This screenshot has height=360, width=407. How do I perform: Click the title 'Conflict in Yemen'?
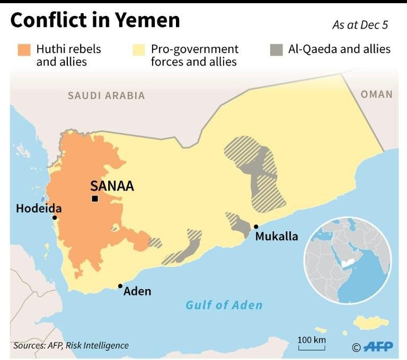click(95, 20)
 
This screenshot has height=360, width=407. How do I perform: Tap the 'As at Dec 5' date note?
click(360, 25)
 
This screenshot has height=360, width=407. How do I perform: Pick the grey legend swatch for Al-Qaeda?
click(276, 50)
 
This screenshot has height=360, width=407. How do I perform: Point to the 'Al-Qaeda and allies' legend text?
click(339, 50)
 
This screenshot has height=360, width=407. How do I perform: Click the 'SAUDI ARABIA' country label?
click(106, 96)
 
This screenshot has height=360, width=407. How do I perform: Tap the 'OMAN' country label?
click(377, 94)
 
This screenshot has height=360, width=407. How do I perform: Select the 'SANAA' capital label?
click(112, 186)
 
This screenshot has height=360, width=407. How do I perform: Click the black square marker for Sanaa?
click(94, 199)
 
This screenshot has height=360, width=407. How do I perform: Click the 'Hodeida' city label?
click(38, 209)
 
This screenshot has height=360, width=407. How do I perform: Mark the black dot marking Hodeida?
click(54, 218)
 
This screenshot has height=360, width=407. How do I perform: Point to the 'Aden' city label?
click(137, 291)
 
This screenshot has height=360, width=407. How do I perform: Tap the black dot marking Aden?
click(121, 286)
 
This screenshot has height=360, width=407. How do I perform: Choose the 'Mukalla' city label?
click(276, 237)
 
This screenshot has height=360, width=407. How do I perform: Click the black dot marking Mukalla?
click(256, 227)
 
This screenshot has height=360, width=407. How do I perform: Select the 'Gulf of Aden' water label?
click(224, 305)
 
